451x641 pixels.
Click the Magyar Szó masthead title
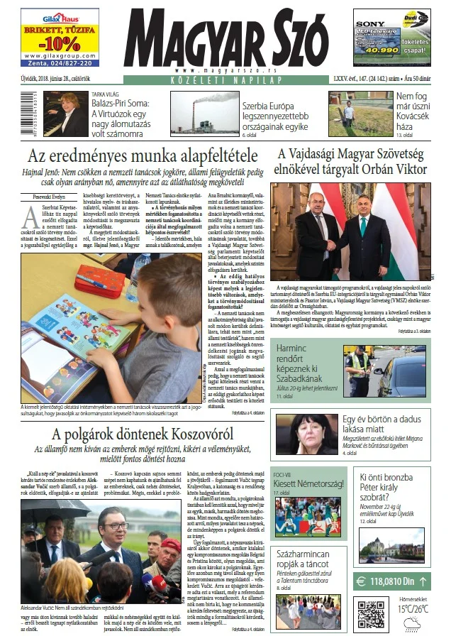pos(225,39)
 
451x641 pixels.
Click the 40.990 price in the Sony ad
pos(376,50)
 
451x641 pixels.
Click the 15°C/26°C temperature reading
pos(413,608)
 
